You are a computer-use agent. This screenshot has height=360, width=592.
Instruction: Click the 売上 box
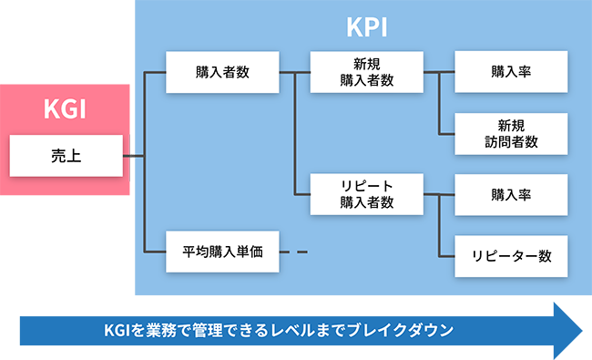(x=66, y=156)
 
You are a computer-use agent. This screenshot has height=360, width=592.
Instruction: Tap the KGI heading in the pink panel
(x=66, y=110)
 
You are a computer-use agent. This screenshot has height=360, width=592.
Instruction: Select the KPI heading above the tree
(x=367, y=26)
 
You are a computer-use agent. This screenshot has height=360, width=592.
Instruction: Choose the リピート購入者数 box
(x=366, y=194)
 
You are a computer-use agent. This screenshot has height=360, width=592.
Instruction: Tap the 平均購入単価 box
(x=222, y=252)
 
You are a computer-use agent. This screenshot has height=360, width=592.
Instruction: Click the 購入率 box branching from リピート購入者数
(x=511, y=194)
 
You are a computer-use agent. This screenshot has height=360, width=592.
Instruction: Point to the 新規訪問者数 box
(x=511, y=133)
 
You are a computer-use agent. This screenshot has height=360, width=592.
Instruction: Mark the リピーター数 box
(x=511, y=255)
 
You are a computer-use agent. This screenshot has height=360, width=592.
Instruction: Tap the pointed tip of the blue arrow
(x=578, y=330)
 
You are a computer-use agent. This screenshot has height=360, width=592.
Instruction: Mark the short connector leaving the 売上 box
(x=134, y=156)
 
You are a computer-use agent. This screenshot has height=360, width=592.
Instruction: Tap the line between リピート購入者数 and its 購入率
(x=438, y=194)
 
